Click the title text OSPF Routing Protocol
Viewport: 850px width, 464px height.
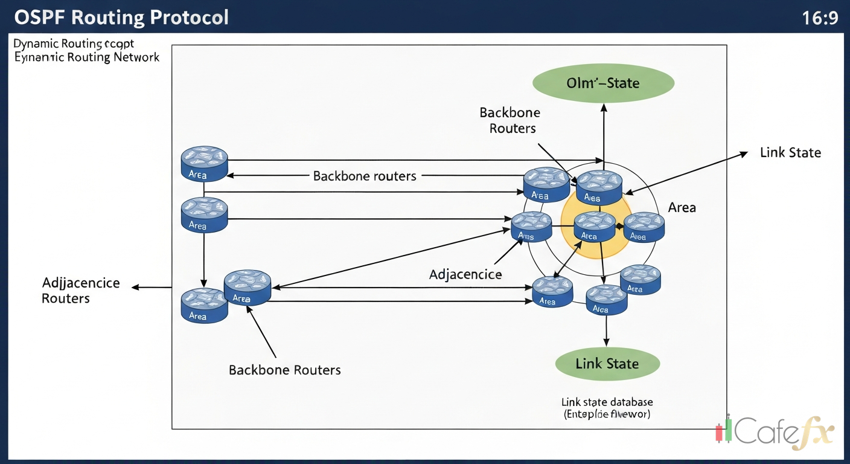[121, 17]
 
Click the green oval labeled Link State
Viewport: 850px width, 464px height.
[607, 364]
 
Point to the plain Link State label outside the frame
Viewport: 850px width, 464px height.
[790, 153]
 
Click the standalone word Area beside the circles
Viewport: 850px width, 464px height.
[682, 207]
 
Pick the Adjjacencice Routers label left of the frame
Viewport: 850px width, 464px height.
[81, 291]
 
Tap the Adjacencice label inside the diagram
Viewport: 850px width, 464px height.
[465, 274]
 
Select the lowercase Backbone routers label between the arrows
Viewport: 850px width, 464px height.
[365, 176]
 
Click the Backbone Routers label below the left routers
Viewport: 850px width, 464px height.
[284, 370]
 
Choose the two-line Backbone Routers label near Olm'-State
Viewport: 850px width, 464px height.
[510, 120]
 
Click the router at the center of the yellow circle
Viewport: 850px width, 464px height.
[594, 227]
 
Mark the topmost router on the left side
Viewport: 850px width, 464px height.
[204, 163]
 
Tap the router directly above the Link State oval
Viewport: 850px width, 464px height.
[606, 300]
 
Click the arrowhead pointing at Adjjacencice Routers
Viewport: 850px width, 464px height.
[135, 288]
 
